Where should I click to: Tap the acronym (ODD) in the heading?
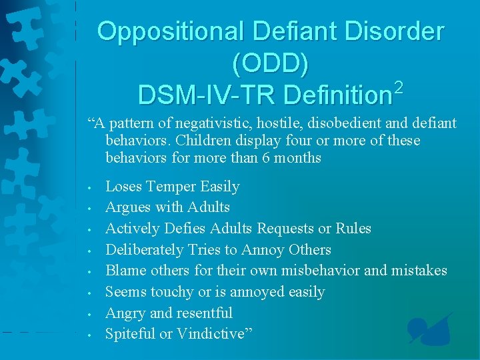pyautogui.click(x=270, y=63)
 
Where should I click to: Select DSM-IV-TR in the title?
pyautogui.click(x=206, y=95)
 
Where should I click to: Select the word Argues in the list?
pyautogui.click(x=127, y=207)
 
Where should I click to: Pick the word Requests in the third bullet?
pyautogui.click(x=287, y=229)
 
